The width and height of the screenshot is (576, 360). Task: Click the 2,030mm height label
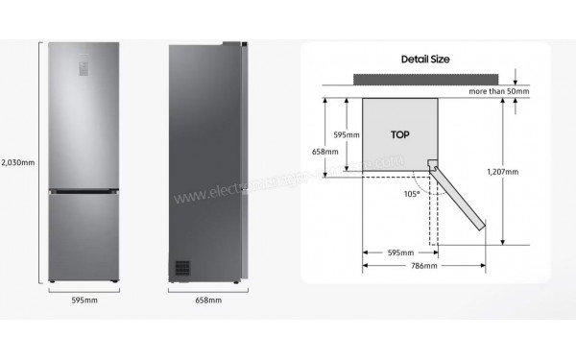point(17,161)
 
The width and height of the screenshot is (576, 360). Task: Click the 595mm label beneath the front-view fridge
point(84,300)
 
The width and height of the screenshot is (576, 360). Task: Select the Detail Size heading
point(425,59)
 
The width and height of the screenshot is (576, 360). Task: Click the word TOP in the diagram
point(400,135)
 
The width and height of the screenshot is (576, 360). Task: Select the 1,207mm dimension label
point(502,172)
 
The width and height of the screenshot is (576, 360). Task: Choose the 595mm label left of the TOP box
point(346,135)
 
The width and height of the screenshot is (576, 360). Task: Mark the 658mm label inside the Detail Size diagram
point(325,152)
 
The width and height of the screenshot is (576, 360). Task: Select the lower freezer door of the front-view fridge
point(84,234)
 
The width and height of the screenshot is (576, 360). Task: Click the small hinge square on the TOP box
point(432,165)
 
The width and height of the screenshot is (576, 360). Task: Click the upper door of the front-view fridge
point(84,125)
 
